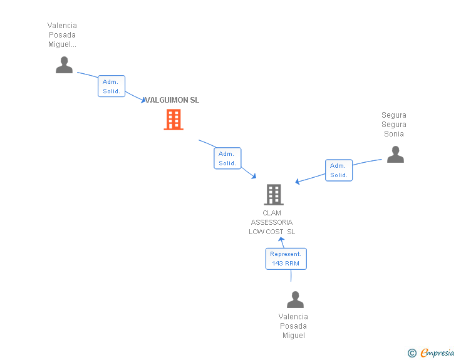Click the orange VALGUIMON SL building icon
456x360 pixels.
point(174,120)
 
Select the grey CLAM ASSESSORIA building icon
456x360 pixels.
point(274,195)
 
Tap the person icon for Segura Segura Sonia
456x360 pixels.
point(395,155)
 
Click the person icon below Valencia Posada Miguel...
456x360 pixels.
point(65,65)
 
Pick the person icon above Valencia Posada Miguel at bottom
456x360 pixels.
point(295,299)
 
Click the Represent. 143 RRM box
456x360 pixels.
point(286,259)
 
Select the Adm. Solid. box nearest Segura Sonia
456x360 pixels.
point(339,170)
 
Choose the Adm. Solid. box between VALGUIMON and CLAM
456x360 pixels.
point(227,158)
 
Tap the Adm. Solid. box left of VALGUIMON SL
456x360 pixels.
point(111,86)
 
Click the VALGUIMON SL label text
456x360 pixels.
point(172,100)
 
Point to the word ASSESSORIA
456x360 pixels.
point(272,222)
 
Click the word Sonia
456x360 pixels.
point(394,134)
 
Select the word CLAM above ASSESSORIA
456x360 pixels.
point(272,213)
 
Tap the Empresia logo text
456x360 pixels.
point(437,352)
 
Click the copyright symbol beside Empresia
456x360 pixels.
point(412,353)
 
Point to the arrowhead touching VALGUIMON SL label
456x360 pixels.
point(143,100)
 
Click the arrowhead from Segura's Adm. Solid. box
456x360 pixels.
point(297,182)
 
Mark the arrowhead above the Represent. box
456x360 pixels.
point(281,239)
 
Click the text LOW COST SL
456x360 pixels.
point(272,232)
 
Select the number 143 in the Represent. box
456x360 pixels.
point(277,264)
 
